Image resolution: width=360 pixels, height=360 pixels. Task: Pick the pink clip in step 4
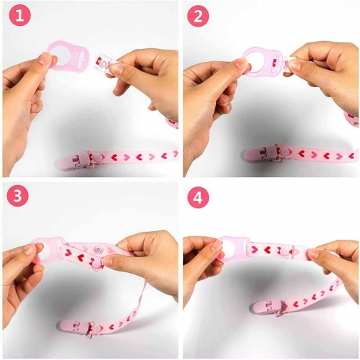pyautogui.click(x=268, y=308)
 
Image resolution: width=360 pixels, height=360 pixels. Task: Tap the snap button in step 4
pyautogui.click(x=285, y=250)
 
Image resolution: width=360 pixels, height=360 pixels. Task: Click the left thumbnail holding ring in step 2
pyautogui.click(x=241, y=65)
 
